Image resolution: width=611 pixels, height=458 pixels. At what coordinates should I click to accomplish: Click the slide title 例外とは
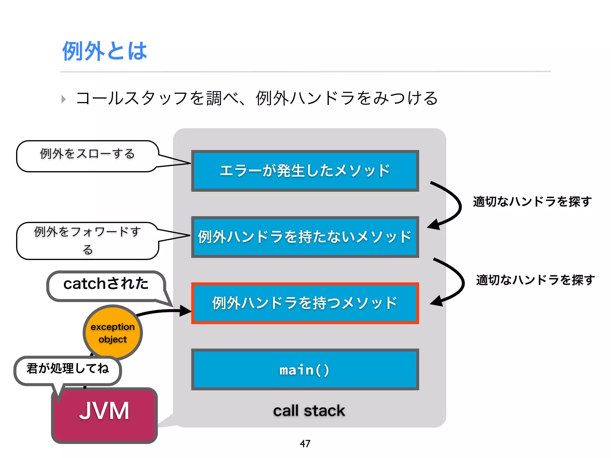[104, 51]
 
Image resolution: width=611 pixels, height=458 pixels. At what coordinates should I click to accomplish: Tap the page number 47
[305, 443]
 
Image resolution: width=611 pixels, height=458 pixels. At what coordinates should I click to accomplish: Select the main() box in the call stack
[305, 369]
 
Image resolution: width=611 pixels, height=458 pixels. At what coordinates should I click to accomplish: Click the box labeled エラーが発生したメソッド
[305, 171]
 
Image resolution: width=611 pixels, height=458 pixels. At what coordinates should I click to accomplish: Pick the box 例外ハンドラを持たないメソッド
[305, 237]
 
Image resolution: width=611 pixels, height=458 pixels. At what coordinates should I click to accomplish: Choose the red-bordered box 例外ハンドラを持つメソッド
[305, 303]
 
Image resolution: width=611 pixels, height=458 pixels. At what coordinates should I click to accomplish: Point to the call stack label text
[309, 411]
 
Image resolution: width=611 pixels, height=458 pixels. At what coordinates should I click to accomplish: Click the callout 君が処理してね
[68, 370]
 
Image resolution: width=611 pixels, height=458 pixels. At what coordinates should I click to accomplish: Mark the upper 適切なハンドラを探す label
[532, 202]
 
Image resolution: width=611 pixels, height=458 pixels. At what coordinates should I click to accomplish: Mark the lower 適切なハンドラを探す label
[535, 280]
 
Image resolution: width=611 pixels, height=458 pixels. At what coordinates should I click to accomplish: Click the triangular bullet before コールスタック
[63, 99]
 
